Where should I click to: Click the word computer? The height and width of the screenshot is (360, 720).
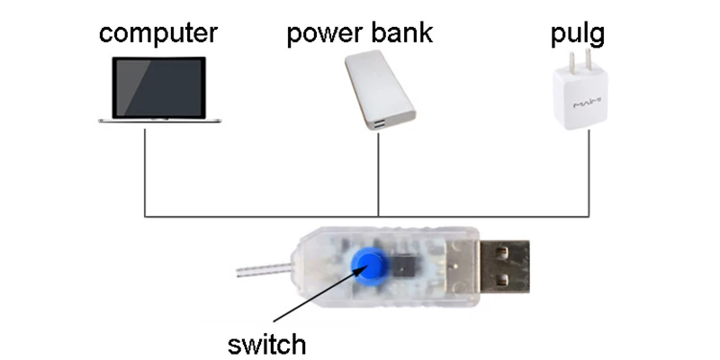pos(158,33)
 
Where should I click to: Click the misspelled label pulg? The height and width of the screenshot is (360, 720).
pos(578,34)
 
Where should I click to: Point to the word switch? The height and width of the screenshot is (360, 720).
pos(266,344)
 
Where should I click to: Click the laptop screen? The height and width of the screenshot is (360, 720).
pos(159,87)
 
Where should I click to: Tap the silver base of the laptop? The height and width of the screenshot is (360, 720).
pos(160,121)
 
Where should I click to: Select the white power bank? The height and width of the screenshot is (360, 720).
pos(380,89)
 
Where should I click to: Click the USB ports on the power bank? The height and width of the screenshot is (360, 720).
pos(380,123)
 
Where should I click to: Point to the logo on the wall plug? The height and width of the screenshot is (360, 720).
pos(587,104)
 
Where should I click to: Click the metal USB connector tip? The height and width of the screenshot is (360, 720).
pos(505,265)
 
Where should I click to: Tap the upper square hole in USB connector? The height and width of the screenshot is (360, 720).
pos(502,252)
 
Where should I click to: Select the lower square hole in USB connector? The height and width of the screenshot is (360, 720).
pos(502,278)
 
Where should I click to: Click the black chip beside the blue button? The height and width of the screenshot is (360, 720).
pos(403,265)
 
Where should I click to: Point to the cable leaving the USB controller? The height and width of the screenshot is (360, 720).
pos(264,270)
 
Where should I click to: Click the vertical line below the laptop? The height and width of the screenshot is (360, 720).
pos(145,173)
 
